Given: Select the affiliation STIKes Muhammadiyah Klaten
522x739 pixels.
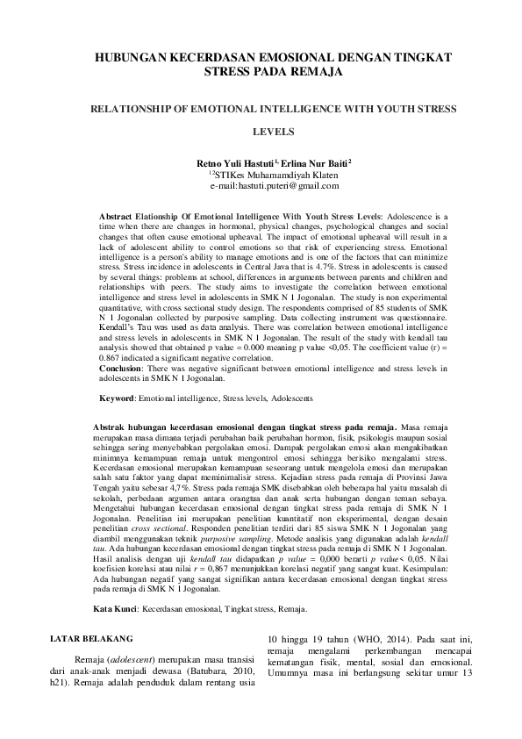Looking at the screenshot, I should point(275,175).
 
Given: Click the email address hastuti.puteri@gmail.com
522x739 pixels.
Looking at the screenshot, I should point(274,186).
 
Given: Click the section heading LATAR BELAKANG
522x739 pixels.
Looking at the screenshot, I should point(92,591).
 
